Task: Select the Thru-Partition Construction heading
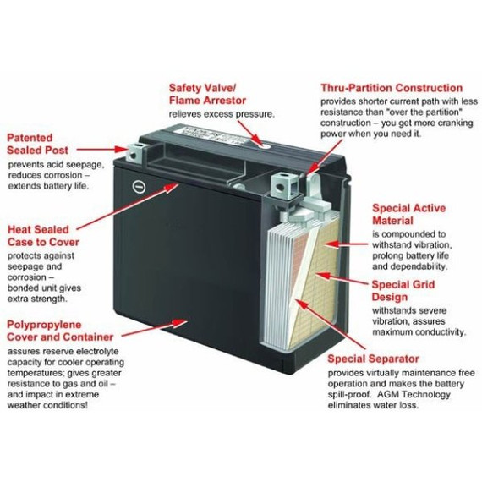[x=392, y=88]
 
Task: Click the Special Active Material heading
[x=408, y=214]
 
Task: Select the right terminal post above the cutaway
[x=282, y=178]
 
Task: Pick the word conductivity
[x=430, y=331]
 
